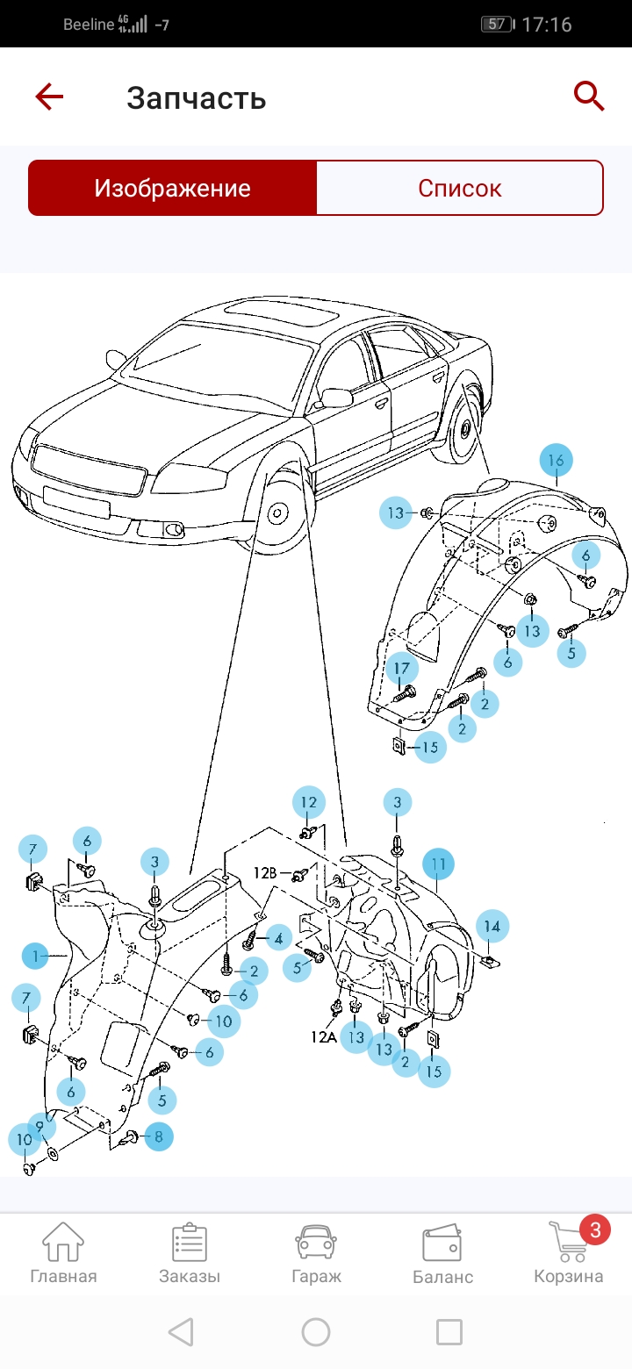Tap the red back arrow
click(x=49, y=97)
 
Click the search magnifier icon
click(x=589, y=96)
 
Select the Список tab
click(x=459, y=188)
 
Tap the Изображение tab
click(x=173, y=188)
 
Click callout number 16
click(x=556, y=461)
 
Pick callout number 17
click(x=401, y=669)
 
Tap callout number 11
click(x=439, y=864)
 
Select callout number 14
click(x=492, y=926)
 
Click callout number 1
click(x=36, y=956)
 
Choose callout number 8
click(x=158, y=1137)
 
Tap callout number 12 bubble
click(x=308, y=802)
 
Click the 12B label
click(x=266, y=873)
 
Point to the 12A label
click(x=323, y=1036)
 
